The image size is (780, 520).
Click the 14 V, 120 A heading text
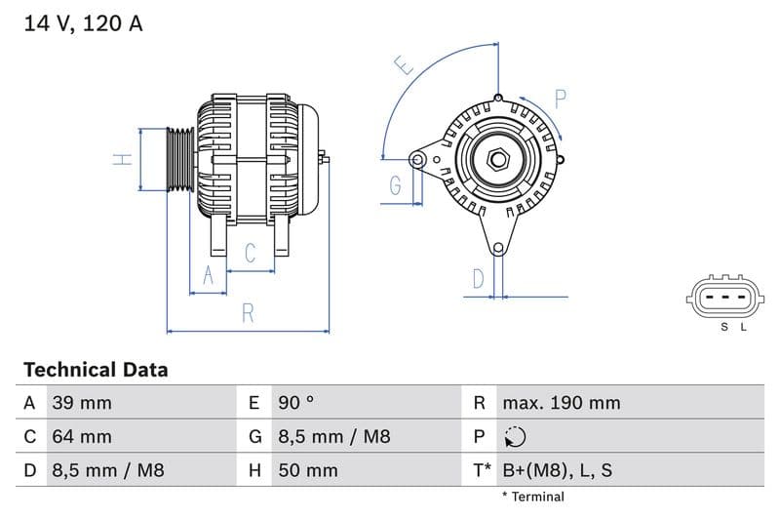point(83,23)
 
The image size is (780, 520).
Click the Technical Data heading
point(96,370)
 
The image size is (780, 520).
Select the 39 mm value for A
point(81,403)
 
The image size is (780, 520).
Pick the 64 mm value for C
point(81,436)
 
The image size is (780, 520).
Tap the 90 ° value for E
point(296,403)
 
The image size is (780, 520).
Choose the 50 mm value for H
point(308,470)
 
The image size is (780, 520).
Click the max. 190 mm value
point(561,403)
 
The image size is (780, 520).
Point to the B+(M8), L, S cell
point(557,470)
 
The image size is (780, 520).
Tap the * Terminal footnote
point(532,497)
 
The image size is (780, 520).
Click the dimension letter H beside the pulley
point(122,159)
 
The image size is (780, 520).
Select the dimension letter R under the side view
point(249,313)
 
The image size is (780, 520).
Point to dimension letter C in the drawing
point(250,254)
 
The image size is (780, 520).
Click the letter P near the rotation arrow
point(561,99)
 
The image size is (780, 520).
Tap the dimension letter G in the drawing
point(396,185)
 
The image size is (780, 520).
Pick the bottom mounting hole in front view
point(498,248)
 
